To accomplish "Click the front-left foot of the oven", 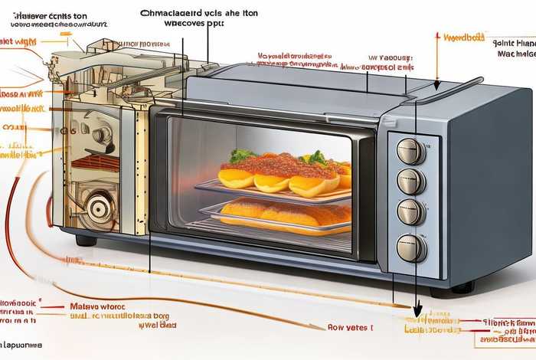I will (x=86, y=240).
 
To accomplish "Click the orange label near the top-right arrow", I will (x=464, y=36).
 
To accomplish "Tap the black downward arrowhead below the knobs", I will (x=417, y=310).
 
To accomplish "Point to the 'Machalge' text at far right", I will (x=518, y=54).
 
